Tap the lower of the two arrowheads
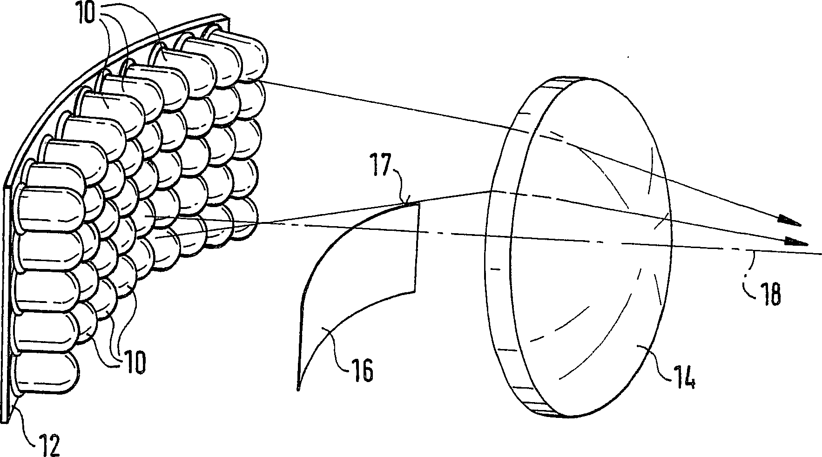coord(796,242)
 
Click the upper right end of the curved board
coord(229,20)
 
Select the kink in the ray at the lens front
coord(491,191)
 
